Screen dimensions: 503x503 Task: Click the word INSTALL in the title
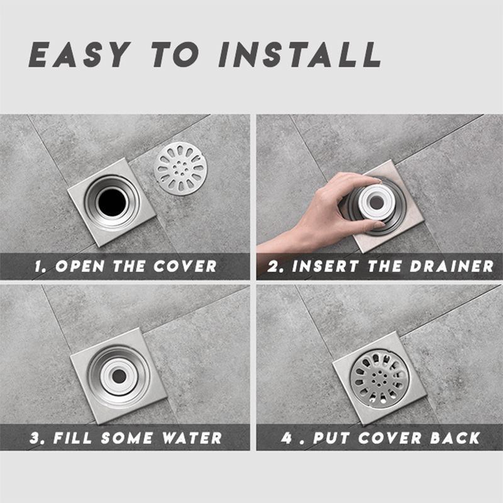[301, 54]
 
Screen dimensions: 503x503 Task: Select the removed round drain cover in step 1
[180, 169]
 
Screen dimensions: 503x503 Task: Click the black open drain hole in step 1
[112, 202]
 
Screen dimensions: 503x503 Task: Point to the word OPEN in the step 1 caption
[80, 266]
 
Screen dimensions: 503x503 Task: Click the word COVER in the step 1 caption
[185, 266]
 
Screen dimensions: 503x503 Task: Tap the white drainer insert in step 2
[377, 202]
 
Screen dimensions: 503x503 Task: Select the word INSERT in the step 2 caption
[325, 266]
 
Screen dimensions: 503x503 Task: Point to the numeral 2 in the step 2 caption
[274, 266]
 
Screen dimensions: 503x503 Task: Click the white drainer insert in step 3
[119, 376]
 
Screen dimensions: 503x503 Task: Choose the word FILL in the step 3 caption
[72, 438]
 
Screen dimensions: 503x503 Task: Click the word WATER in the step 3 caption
[192, 438]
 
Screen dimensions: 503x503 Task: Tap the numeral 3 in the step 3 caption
[35, 438]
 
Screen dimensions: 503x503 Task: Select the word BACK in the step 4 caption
[455, 438]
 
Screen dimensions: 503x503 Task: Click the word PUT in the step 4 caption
[331, 438]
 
